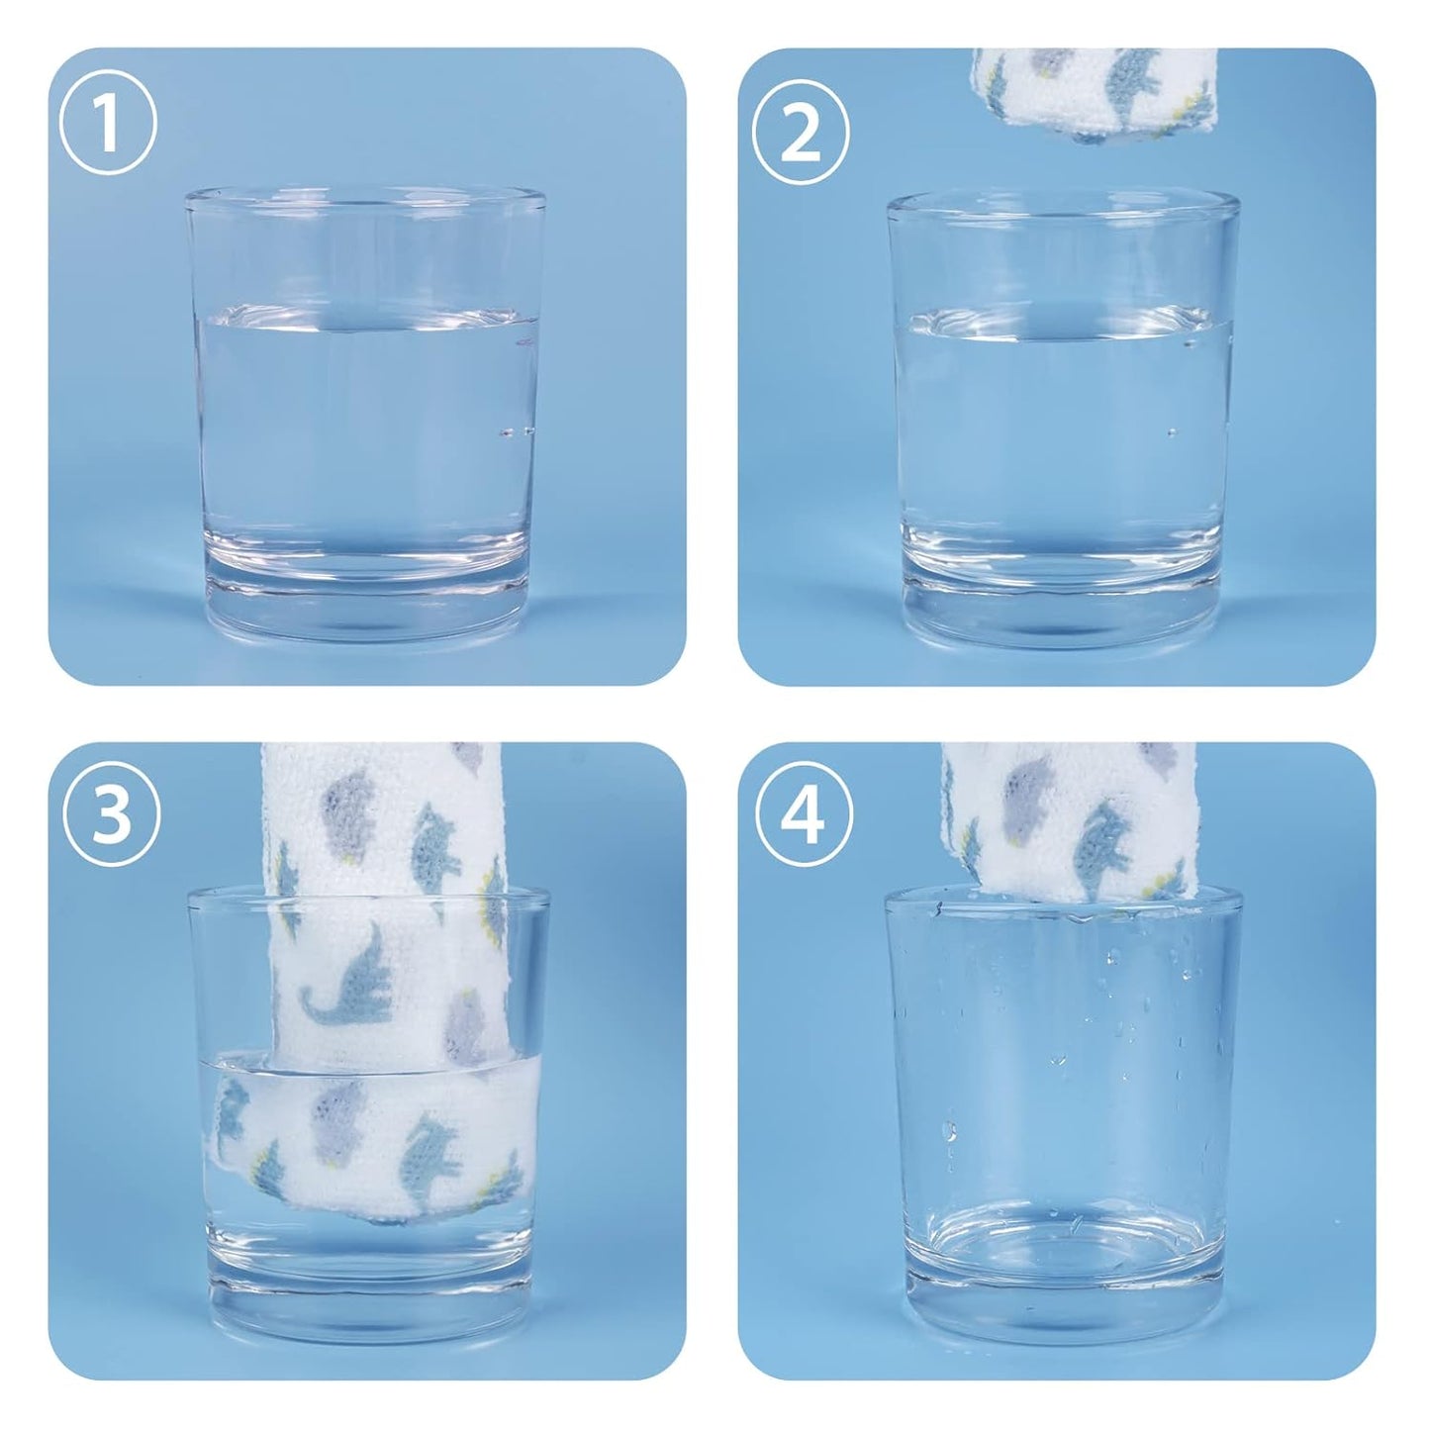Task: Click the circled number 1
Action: [108, 126]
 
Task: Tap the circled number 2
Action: [801, 135]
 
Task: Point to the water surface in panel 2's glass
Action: [1063, 323]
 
